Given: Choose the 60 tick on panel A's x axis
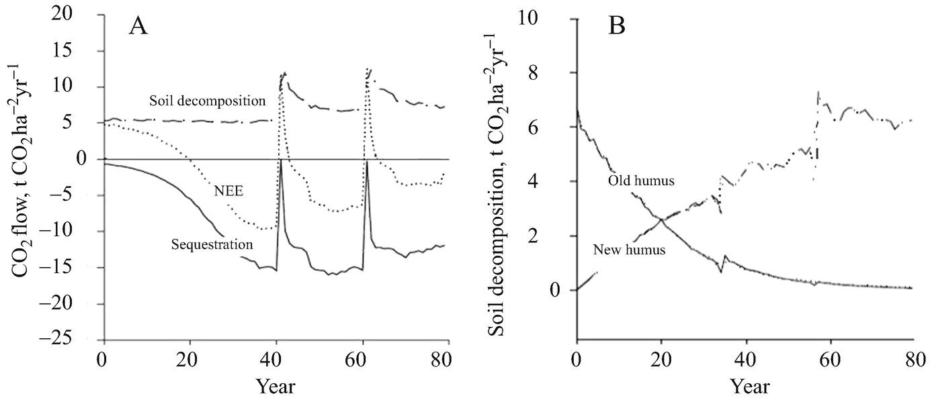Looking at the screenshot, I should click(362, 356).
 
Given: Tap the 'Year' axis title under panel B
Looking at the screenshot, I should click(750, 387).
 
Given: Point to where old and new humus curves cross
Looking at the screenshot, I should click(662, 219).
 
